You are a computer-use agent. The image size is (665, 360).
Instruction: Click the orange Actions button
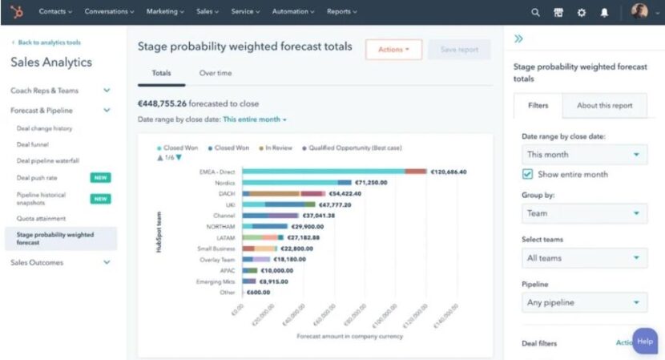click(x=393, y=50)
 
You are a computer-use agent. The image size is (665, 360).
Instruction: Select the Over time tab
click(x=215, y=73)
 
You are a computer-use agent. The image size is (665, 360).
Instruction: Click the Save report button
click(x=459, y=50)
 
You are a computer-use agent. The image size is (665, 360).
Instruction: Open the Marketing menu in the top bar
click(x=165, y=12)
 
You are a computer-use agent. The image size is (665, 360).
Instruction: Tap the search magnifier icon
click(x=535, y=12)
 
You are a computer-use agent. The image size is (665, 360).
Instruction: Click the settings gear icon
click(x=581, y=12)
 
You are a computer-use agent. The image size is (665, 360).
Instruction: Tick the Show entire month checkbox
click(x=527, y=174)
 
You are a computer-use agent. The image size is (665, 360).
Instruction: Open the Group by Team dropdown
click(x=583, y=213)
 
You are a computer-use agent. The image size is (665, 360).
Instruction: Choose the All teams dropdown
click(x=583, y=258)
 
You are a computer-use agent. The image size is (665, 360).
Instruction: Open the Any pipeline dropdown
click(x=583, y=302)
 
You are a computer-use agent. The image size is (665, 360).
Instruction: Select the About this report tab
click(x=604, y=105)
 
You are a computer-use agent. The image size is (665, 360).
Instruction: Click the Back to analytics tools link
click(x=48, y=42)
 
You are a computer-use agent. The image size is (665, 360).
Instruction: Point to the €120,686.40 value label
click(x=449, y=172)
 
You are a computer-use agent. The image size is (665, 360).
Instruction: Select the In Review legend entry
click(x=279, y=148)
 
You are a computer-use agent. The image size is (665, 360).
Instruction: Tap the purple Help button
click(x=645, y=341)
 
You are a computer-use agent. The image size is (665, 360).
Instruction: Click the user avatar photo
click(x=639, y=12)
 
